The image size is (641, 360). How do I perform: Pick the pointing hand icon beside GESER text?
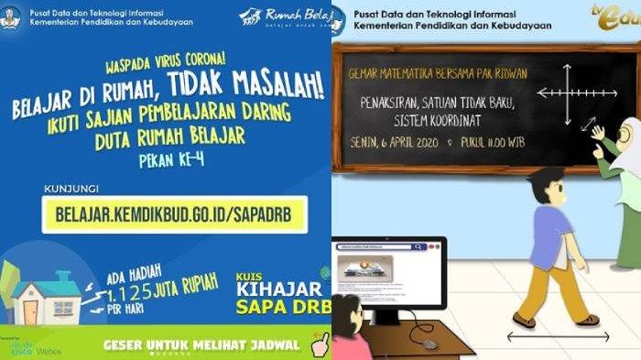[x=320, y=345]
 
